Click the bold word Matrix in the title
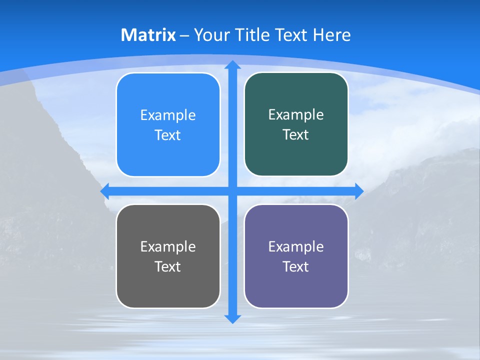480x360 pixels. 148,35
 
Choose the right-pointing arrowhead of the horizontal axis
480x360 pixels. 359,191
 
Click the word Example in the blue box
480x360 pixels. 168,115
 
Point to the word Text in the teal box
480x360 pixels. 296,134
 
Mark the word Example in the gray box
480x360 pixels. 168,246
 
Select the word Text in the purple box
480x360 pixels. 296,266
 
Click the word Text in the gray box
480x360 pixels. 168,266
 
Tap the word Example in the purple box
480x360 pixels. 296,246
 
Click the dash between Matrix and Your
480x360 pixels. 184,35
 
